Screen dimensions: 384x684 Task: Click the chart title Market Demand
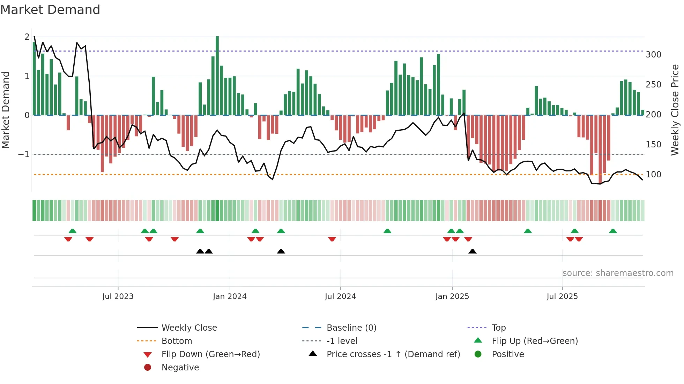coord(50,9)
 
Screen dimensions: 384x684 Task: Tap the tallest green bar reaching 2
coord(217,75)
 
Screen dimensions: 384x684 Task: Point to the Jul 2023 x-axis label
coord(118,297)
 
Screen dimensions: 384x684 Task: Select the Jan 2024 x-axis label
coord(230,297)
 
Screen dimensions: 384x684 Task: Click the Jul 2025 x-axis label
coord(562,297)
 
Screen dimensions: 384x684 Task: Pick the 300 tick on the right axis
coord(653,55)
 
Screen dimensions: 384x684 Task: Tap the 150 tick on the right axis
coord(653,144)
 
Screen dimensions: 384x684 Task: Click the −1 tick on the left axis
coord(24,154)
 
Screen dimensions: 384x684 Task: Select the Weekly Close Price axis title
coord(675,110)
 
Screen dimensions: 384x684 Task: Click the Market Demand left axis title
coord(6,110)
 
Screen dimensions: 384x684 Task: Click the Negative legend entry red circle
coord(148,367)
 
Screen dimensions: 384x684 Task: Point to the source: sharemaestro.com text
coord(618,273)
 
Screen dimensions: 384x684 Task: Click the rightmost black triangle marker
coord(473,251)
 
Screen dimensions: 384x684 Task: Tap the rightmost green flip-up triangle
coord(613,231)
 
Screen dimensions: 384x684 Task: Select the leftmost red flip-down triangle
coord(68,239)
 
